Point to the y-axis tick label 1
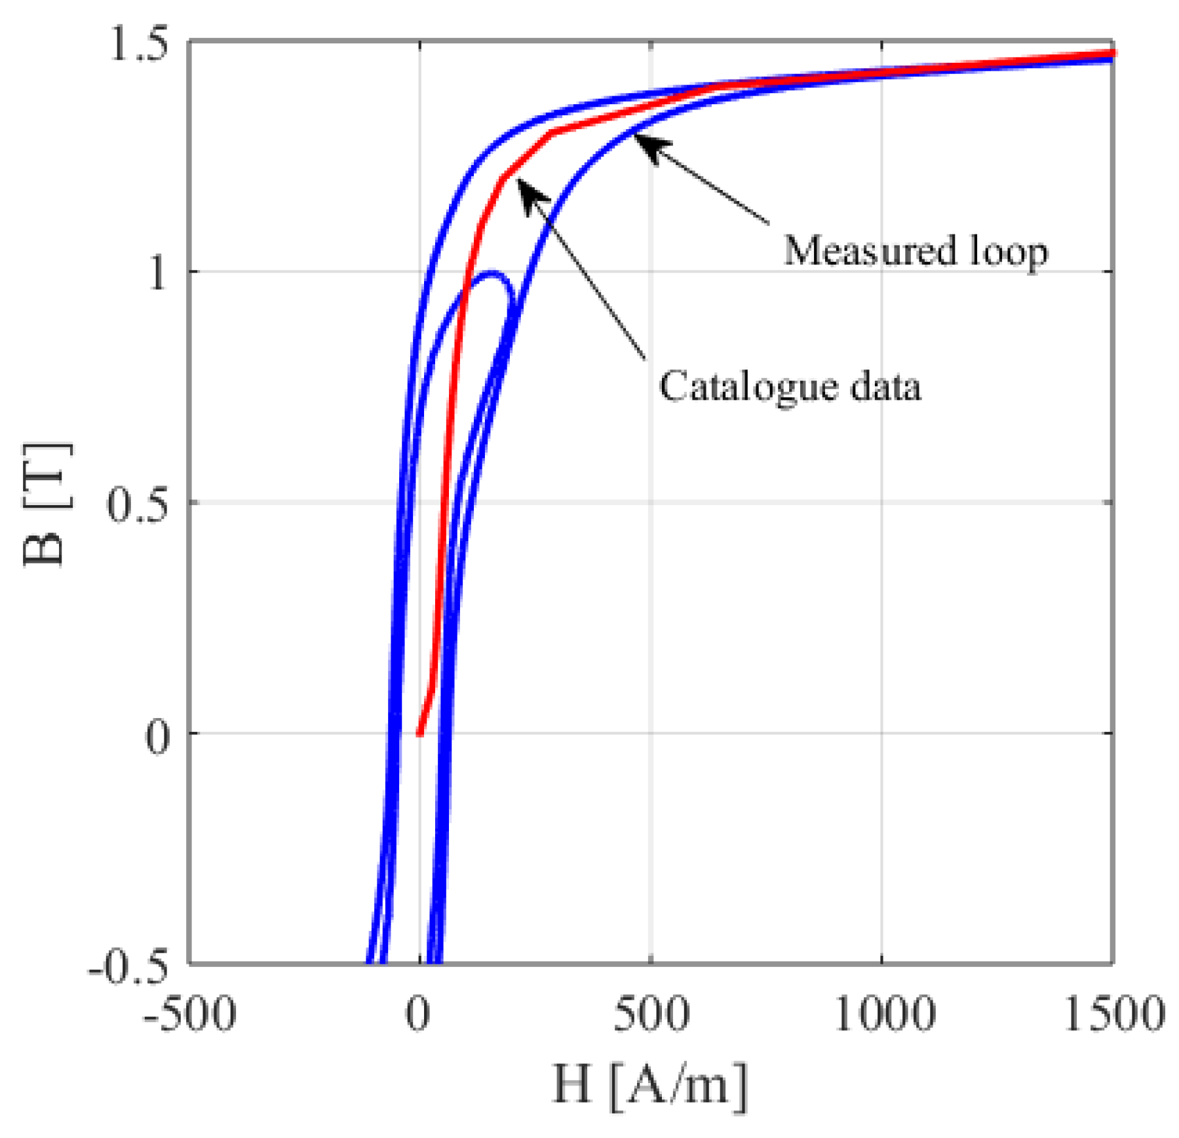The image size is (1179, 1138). pos(156,272)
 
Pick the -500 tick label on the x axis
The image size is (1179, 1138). pos(189,1014)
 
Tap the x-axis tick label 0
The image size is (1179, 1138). pos(418,1014)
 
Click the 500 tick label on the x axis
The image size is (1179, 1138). pos(651,1014)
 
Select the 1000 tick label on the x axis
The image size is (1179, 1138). pos(883,1014)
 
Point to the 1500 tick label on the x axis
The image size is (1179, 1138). pos(1113,1014)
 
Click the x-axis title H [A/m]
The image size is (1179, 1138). pos(649,1084)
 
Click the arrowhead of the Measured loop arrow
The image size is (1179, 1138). pos(640,138)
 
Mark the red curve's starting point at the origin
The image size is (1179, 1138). pos(419,734)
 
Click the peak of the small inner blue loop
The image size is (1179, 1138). pos(492,272)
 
